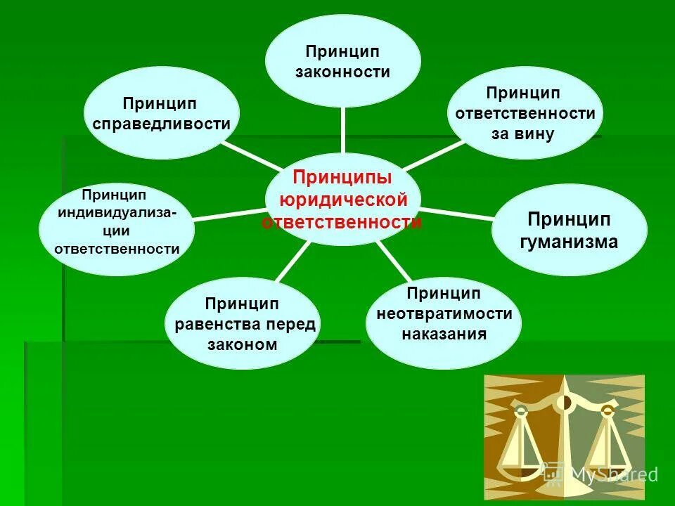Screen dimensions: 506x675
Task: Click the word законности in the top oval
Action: coord(342,72)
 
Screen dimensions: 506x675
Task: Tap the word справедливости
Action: coord(162,124)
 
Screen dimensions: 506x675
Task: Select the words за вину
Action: coord(524,133)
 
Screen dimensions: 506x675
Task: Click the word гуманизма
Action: coord(569,242)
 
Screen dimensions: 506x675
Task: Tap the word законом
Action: coord(243,344)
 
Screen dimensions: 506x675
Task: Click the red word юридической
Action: coord(343,200)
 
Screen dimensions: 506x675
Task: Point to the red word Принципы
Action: coord(342,176)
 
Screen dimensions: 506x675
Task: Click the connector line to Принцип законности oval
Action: coord(343,130)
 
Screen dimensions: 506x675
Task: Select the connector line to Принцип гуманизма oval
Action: coord(457,212)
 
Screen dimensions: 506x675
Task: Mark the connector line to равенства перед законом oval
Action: coord(288,261)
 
